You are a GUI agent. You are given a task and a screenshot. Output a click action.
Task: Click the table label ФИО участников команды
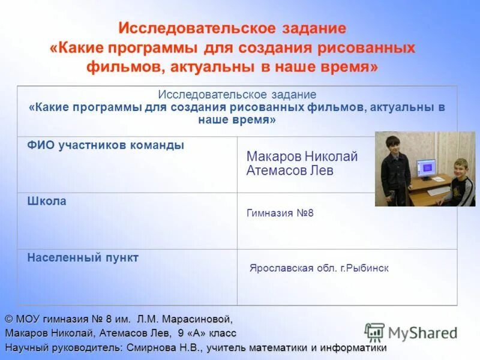(106, 145)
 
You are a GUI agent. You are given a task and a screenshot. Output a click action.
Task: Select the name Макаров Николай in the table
(302, 157)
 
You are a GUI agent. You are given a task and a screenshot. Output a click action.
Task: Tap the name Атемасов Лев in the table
(290, 170)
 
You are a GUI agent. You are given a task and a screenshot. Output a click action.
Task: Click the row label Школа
(47, 202)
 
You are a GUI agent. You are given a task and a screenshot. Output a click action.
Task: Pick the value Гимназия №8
(280, 213)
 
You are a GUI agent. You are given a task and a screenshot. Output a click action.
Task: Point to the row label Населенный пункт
(83, 258)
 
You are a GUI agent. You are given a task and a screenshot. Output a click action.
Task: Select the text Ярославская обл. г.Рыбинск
(319, 268)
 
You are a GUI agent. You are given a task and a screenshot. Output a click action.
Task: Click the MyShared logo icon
(374, 332)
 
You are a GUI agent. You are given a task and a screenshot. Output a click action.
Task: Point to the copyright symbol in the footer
(9, 318)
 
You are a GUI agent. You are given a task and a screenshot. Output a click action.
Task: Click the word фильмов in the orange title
(122, 67)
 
